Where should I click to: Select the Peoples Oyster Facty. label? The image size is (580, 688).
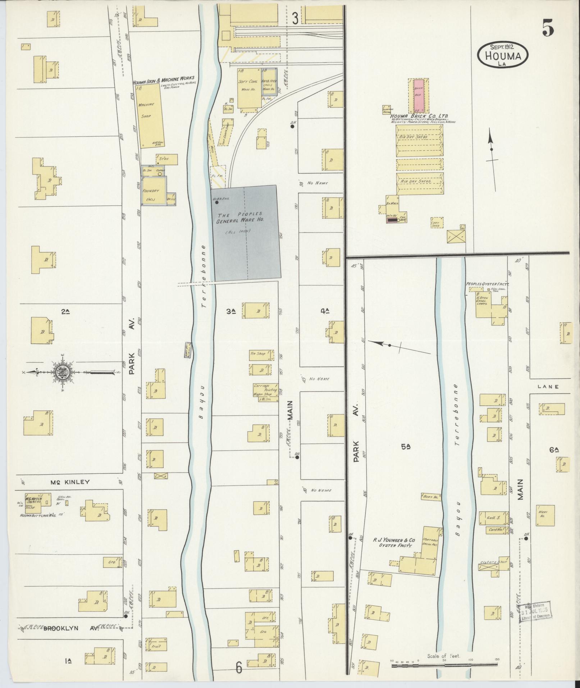click(x=489, y=284)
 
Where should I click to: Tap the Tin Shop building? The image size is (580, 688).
click(x=259, y=354)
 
